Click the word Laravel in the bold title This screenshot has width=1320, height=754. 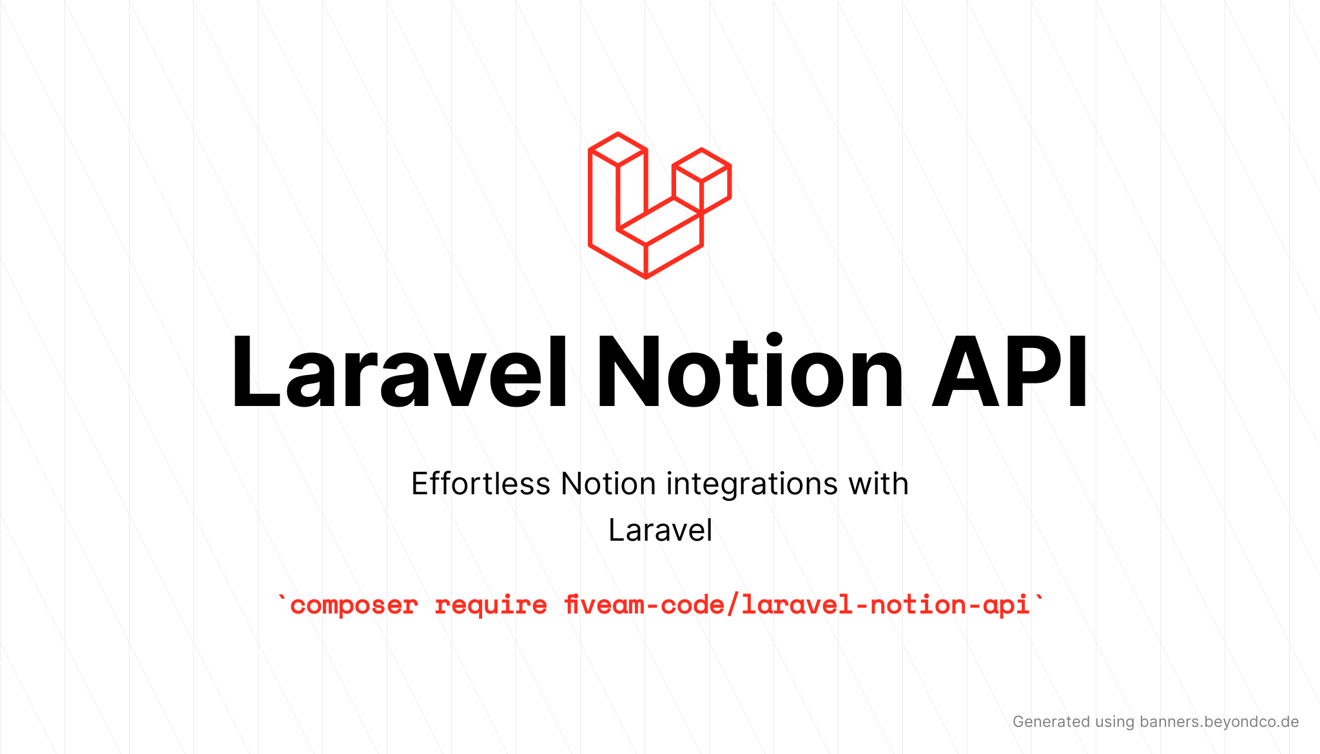[x=400, y=372]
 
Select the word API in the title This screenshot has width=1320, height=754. [x=1009, y=372]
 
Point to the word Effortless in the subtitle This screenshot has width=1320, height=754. [x=481, y=483]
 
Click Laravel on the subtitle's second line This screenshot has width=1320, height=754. [x=661, y=530]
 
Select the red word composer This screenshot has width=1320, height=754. [x=354, y=606]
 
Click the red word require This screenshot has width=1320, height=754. [x=490, y=606]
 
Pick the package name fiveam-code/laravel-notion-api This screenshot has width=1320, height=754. [x=797, y=604]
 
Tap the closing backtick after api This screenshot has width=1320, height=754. [x=1038, y=599]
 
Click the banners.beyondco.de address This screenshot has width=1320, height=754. [x=1219, y=722]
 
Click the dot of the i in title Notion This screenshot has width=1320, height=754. [x=773, y=340]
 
